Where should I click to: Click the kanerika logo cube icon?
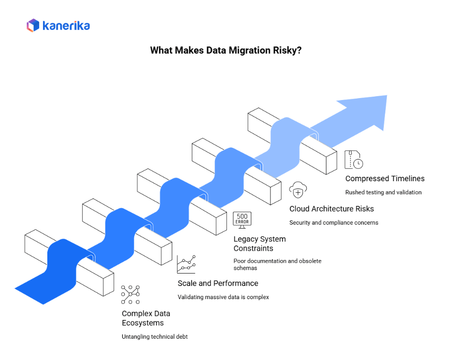click(x=33, y=25)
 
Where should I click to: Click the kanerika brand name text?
click(x=66, y=26)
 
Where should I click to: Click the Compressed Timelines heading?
click(x=385, y=178)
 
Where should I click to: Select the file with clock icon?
click(x=353, y=159)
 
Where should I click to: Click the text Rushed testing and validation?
click(x=383, y=192)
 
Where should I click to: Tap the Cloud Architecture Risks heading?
click(x=331, y=209)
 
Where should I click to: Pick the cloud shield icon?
click(x=298, y=190)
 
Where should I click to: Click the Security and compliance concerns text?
click(x=334, y=223)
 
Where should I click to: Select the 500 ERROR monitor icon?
click(x=242, y=220)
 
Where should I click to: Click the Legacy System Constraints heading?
click(x=260, y=244)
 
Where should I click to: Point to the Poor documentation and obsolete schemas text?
click(x=277, y=264)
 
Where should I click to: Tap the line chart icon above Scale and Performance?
click(x=186, y=264)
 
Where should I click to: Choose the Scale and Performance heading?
click(x=218, y=283)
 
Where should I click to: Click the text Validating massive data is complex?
click(x=223, y=297)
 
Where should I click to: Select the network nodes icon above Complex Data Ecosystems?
click(x=130, y=294)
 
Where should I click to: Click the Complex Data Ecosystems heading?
click(x=146, y=318)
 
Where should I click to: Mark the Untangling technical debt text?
click(x=155, y=337)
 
